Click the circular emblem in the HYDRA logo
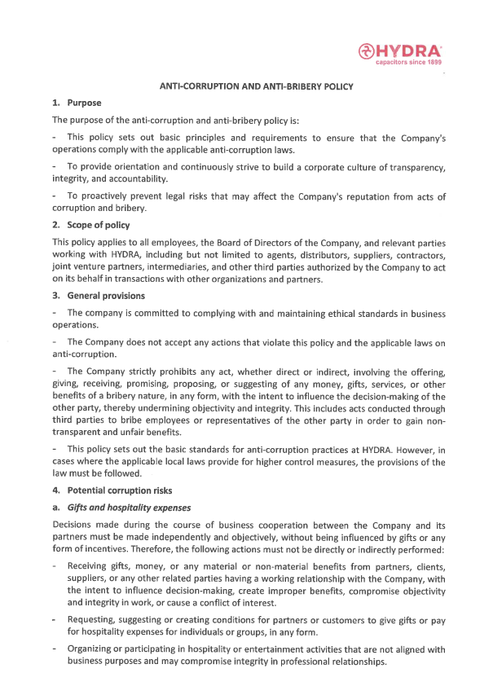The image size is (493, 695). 366,51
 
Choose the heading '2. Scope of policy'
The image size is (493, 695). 90,224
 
